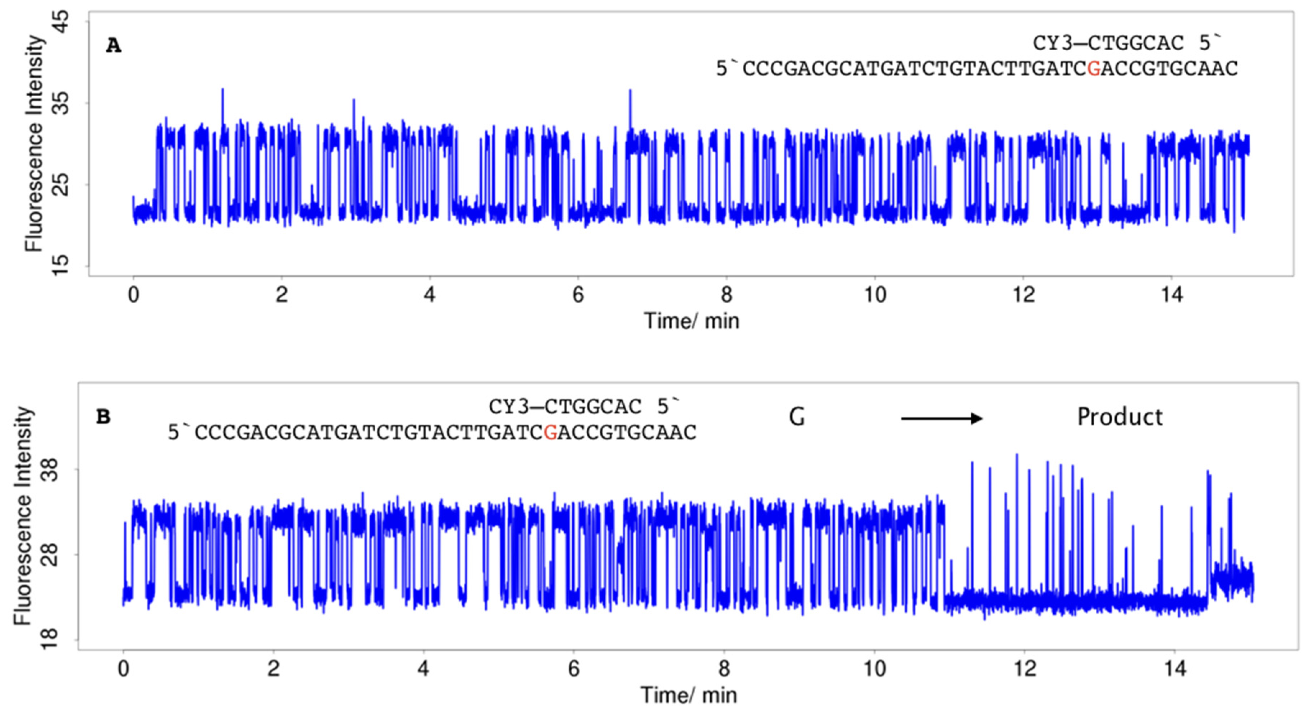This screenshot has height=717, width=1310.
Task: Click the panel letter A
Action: pyautogui.click(x=113, y=46)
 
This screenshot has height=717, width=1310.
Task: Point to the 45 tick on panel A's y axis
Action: pyautogui.click(x=60, y=22)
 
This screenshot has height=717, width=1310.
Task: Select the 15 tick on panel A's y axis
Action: pyautogui.click(x=60, y=266)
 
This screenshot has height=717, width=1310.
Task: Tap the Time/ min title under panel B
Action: pyautogui.click(x=688, y=695)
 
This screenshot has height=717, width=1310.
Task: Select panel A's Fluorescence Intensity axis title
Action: pyautogui.click(x=34, y=143)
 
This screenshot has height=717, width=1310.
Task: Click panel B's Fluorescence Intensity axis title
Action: pyautogui.click(x=23, y=516)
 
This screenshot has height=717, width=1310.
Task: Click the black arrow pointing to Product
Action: pyautogui.click(x=941, y=418)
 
